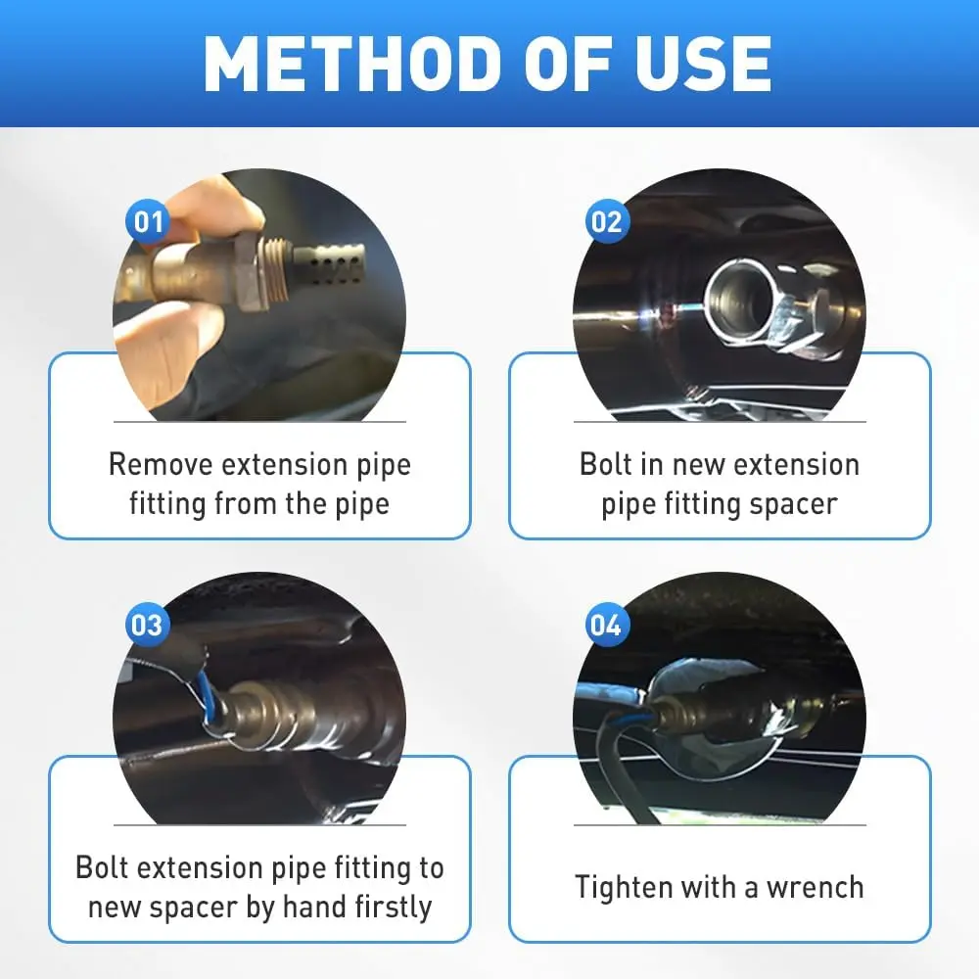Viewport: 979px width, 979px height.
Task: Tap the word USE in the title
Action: click(x=704, y=64)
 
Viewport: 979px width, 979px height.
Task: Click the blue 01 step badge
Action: click(x=148, y=221)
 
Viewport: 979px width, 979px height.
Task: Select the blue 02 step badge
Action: click(x=607, y=221)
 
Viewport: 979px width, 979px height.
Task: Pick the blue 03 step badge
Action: click(x=148, y=625)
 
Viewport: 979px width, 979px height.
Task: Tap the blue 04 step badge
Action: click(x=607, y=625)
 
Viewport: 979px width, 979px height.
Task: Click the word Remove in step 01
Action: click(x=161, y=464)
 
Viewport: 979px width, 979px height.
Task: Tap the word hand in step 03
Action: click(x=314, y=907)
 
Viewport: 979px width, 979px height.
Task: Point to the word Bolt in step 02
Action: click(x=603, y=464)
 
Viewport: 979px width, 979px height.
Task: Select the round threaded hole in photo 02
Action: click(x=737, y=299)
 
